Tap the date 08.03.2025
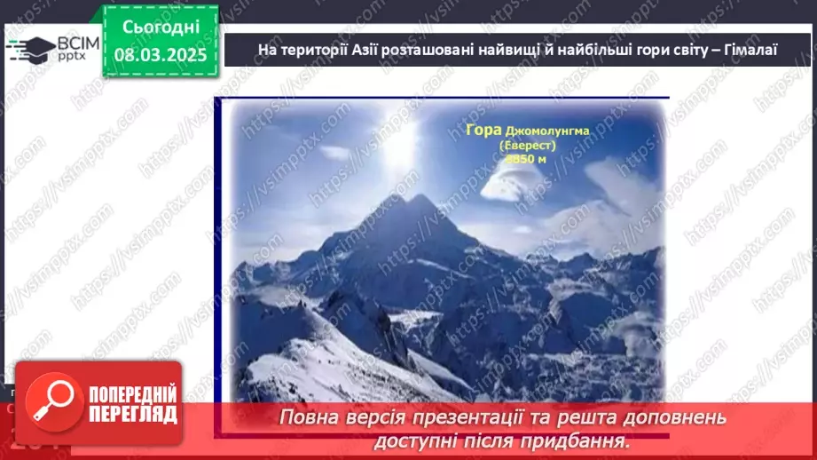[160, 54]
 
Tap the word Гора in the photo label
[483, 131]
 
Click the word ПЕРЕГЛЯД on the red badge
[133, 413]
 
